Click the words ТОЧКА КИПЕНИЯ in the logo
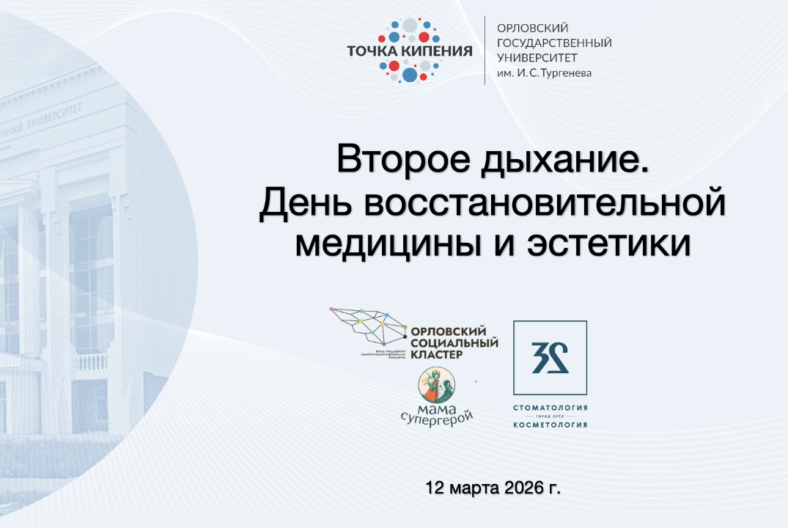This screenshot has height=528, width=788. pyautogui.click(x=410, y=51)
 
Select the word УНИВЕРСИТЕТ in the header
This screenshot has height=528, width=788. pyautogui.click(x=537, y=57)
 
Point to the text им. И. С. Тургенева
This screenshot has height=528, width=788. pyautogui.click(x=544, y=73)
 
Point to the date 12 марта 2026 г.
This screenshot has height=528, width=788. pyautogui.click(x=497, y=487)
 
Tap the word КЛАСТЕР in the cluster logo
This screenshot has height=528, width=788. pyautogui.click(x=438, y=354)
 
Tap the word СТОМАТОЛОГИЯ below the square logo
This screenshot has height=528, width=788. pyautogui.click(x=550, y=407)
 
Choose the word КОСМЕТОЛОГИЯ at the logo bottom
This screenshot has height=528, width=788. pyautogui.click(x=550, y=425)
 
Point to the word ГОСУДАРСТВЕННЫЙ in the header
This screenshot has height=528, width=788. pyautogui.click(x=554, y=41)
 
